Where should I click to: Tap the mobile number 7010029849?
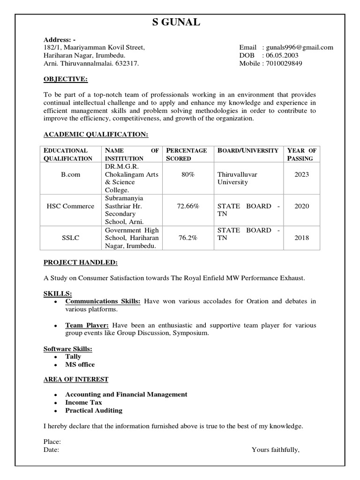284,63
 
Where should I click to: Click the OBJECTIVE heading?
66,80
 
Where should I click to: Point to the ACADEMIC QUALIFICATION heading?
96,135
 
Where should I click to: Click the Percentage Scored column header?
187,154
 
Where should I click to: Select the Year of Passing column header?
301,154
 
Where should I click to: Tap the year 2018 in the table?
301,238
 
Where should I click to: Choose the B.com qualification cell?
70,174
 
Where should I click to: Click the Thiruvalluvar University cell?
238,178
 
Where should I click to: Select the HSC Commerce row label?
70,206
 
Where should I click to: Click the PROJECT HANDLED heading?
81,262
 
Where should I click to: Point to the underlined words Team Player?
87,325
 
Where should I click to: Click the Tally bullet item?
73,357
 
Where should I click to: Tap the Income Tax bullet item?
83,402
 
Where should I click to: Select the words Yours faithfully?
275,450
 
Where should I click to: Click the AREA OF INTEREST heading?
76,379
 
